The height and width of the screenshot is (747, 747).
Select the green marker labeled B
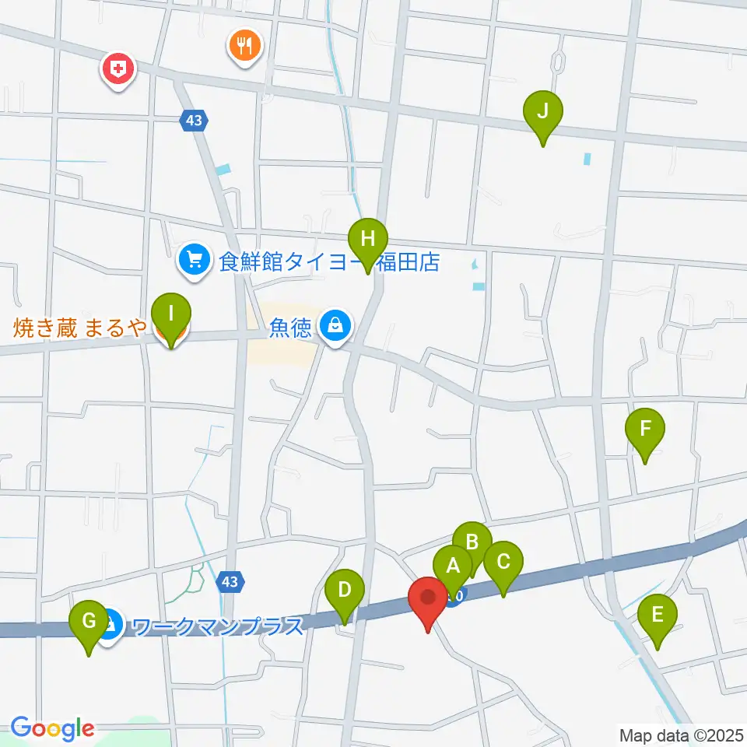pos(472,541)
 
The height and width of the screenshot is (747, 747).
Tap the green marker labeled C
pos(503,562)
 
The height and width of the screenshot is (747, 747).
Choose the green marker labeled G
pos(89,622)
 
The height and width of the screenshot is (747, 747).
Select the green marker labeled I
pos(171,314)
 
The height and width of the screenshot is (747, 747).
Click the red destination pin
pos(428,599)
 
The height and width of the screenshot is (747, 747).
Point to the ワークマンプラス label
pos(217,626)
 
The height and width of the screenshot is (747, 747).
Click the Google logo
pos(52,728)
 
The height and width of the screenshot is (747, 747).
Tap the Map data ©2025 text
pos(680,735)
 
